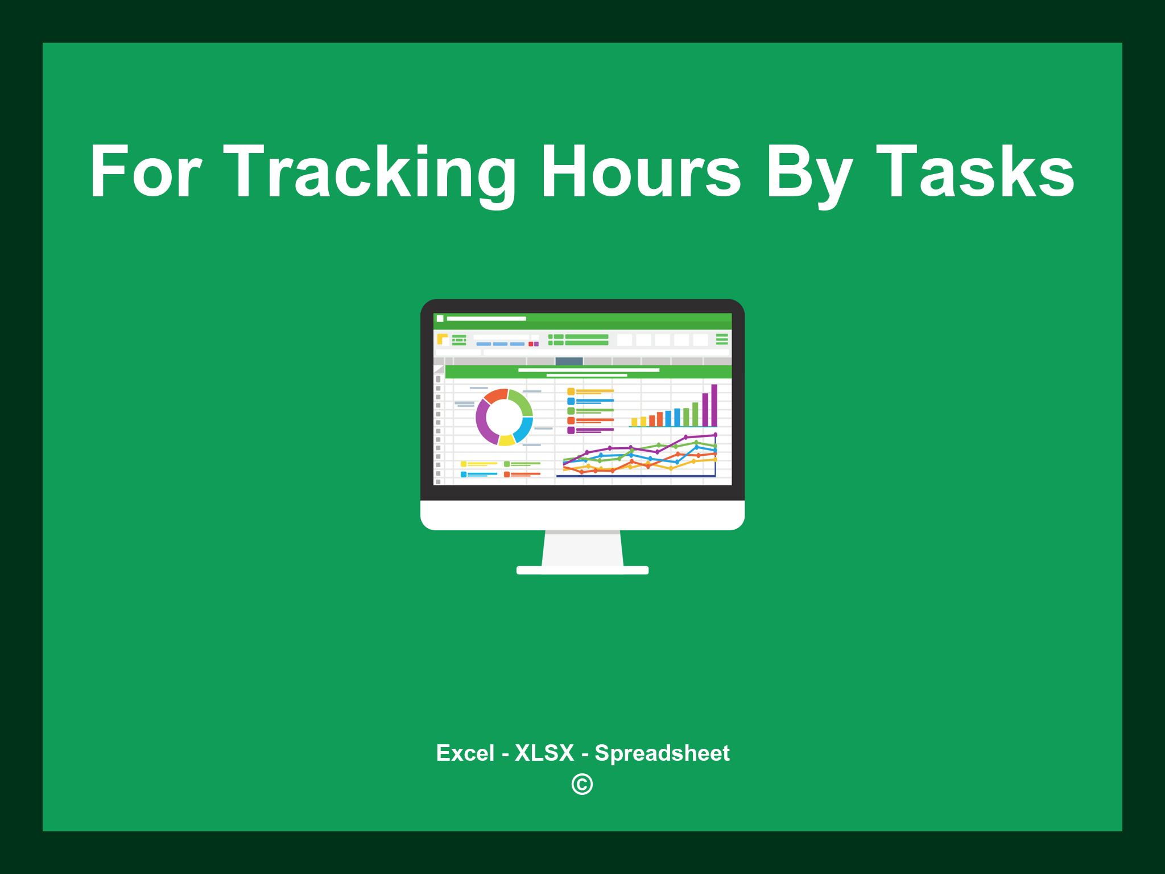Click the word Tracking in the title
pos(370,172)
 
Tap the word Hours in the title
pos(641,172)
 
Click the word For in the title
pos(146,172)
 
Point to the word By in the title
pos(808,172)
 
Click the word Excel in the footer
pos(465,753)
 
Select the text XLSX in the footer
pos(544,753)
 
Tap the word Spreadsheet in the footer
pos(662,753)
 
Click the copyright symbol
pos(582,784)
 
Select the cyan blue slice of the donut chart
pos(524,430)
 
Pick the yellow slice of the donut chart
pos(506,440)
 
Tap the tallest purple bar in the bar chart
pos(714,405)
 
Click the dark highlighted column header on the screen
pos(569,361)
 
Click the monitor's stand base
pos(582,570)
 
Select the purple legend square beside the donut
pos(571,430)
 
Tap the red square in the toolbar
pos(531,344)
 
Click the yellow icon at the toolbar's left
pos(442,339)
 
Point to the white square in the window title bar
pos(440,319)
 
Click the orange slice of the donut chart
pos(495,395)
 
